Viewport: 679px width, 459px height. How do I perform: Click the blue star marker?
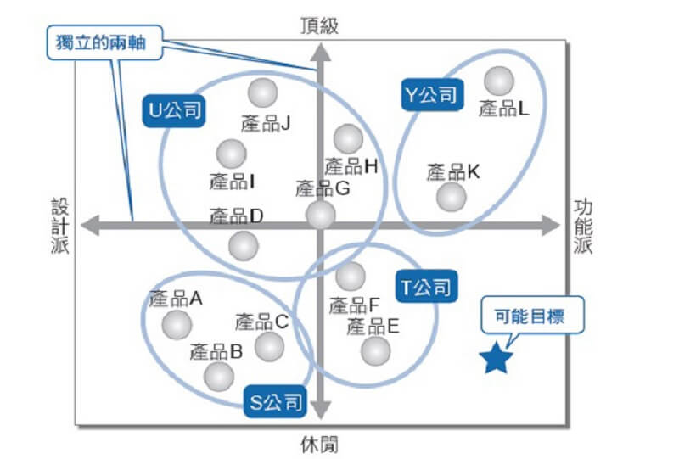496,359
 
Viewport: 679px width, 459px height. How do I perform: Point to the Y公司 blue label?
429,94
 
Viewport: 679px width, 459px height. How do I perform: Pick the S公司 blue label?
275,402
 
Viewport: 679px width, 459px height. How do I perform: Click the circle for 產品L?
499,81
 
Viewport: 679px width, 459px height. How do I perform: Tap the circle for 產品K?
451,197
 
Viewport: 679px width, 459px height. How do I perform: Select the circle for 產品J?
262,92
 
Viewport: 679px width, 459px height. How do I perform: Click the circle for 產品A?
177,323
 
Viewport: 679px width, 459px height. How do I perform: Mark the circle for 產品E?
375,350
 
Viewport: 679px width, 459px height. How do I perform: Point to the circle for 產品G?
320,214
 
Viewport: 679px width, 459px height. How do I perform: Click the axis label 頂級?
320,25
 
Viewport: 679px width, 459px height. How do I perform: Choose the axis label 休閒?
320,443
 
